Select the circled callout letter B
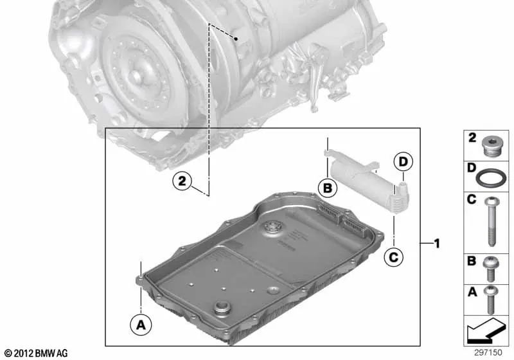[327, 188]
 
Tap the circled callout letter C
[393, 257]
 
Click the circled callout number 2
[182, 182]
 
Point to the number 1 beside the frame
[436, 244]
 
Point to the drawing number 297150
[490, 354]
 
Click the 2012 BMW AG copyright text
[35, 354]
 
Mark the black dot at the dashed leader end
[236, 39]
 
